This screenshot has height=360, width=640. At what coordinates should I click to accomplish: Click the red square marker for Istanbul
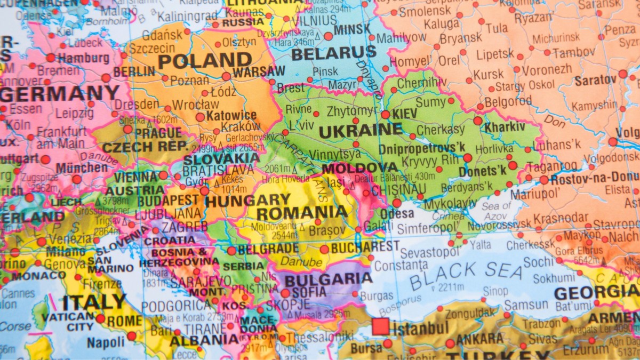380,326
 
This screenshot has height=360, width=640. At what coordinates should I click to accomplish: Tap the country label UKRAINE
361,130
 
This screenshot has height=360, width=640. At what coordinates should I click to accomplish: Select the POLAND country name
205,61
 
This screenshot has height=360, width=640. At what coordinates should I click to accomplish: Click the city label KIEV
405,114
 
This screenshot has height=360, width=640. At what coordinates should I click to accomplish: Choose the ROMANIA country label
302,213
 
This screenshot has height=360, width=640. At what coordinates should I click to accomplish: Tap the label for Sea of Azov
497,211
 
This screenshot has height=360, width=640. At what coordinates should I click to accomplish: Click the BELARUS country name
334,53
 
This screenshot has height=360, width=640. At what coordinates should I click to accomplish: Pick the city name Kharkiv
505,127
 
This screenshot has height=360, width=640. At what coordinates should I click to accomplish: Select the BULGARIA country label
329,279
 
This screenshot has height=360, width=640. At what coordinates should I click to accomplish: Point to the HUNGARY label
247,201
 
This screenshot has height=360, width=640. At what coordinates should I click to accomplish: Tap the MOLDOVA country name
360,168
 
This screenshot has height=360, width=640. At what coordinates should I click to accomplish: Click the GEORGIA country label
596,292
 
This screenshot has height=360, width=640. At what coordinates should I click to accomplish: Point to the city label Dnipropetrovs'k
422,148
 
